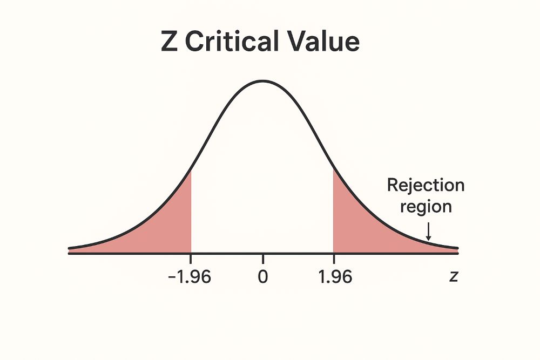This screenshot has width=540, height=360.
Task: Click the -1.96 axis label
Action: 190,277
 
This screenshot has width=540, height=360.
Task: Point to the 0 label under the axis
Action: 263,277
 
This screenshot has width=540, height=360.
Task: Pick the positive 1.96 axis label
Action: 334,277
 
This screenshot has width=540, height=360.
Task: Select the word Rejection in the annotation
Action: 426,186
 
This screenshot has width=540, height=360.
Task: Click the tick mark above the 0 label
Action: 263,259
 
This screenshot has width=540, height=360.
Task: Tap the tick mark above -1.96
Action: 191,259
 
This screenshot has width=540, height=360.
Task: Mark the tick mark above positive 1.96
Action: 334,259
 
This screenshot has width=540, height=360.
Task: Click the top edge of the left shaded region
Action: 191,171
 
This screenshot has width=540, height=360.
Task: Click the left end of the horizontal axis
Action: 70,253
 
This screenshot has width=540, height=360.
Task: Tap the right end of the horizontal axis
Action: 458,253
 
